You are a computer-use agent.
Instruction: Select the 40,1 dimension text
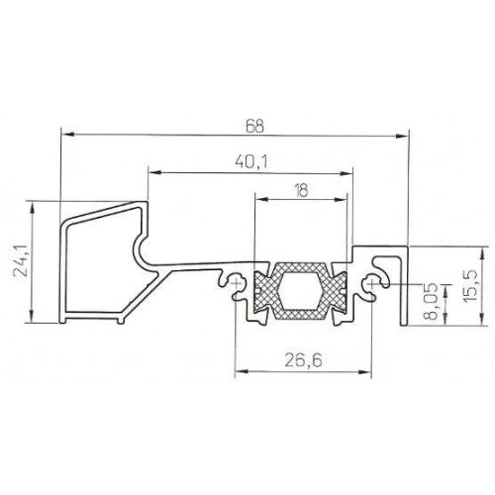[251, 162]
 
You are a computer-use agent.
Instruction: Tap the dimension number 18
[301, 190]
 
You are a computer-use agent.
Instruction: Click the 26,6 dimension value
[303, 360]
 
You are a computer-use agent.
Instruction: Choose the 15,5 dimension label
[469, 285]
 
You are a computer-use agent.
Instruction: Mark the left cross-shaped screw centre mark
[236, 283]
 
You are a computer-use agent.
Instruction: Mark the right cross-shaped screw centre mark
[371, 283]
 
